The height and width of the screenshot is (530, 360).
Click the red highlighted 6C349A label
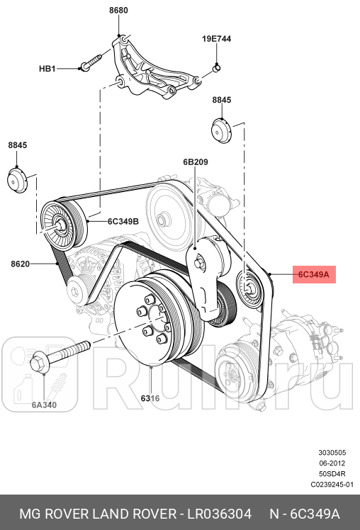(x=314, y=274)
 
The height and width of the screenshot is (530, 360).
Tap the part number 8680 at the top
(x=118, y=11)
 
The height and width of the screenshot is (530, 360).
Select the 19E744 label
(x=216, y=40)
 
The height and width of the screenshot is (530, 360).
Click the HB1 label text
(x=47, y=69)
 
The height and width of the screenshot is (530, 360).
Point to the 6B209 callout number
(x=195, y=162)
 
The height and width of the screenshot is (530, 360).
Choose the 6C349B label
(x=123, y=221)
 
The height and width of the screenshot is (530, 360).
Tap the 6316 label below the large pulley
(x=150, y=398)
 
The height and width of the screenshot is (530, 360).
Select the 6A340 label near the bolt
(x=44, y=406)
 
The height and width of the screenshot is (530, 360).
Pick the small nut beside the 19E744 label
(x=217, y=68)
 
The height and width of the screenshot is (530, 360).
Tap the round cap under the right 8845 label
(x=221, y=132)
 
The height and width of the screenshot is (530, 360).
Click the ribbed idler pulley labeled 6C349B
(x=60, y=225)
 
